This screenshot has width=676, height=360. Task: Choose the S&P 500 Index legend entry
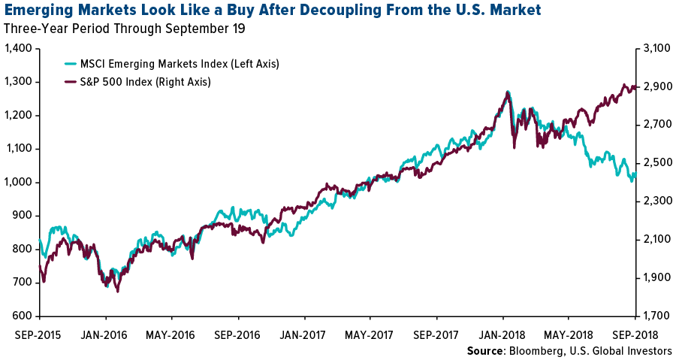pyautogui.click(x=146, y=82)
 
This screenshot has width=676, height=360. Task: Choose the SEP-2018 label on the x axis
pyautogui.click(x=637, y=331)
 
